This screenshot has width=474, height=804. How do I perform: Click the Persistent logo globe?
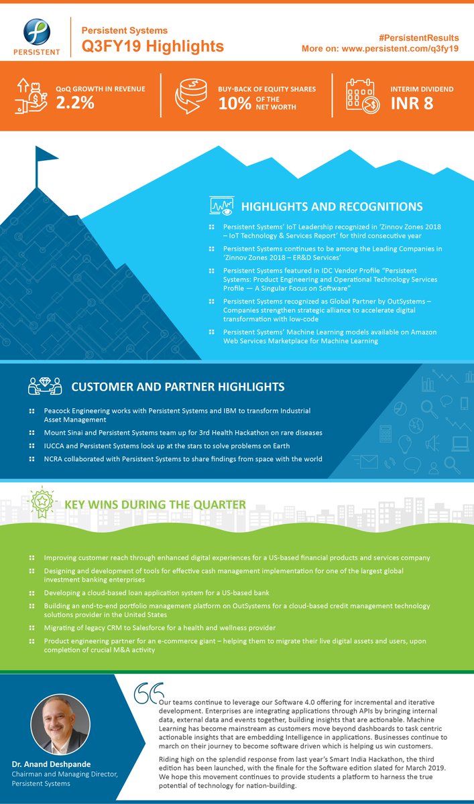pos(37,32)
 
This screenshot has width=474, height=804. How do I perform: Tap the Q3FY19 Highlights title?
pos(153,46)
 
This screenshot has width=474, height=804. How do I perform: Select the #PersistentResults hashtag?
pos(419,38)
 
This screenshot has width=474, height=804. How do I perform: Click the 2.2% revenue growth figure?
pos(75,103)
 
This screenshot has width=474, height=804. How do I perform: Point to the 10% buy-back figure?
pos(235,104)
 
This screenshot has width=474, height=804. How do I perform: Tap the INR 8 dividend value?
pos(412,103)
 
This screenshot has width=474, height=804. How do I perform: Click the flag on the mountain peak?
pos(46,155)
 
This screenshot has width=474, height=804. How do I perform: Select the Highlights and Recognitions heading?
pos(332,206)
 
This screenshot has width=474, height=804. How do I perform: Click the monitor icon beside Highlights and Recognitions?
pos(221,206)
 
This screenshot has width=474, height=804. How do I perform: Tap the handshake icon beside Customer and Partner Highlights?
pos(45,386)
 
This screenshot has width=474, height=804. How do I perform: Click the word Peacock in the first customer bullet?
pos(56,411)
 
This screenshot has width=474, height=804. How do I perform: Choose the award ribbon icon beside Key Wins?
pos(42,501)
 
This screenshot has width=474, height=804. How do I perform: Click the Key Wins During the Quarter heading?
pos(155,505)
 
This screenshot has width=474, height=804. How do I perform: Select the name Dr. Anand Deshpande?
pos(51,764)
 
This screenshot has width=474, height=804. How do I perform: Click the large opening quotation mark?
pos(148,693)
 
